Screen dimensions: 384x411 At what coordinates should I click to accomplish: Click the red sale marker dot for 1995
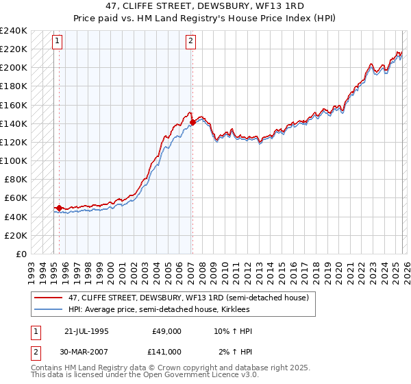pyautogui.click(x=60, y=208)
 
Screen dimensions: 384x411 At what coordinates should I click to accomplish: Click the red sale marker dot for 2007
pyautogui.click(x=192, y=123)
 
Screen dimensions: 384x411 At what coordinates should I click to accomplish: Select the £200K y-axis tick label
pyautogui.click(x=14, y=67)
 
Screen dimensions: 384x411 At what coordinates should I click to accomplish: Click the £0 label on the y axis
pyautogui.click(x=22, y=254)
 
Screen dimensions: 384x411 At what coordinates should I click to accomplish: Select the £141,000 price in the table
pyautogui.click(x=166, y=351)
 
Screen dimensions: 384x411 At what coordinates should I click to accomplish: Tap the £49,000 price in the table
pyautogui.click(x=166, y=331)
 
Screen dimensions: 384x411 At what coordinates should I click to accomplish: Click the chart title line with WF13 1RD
pyautogui.click(x=206, y=7)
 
